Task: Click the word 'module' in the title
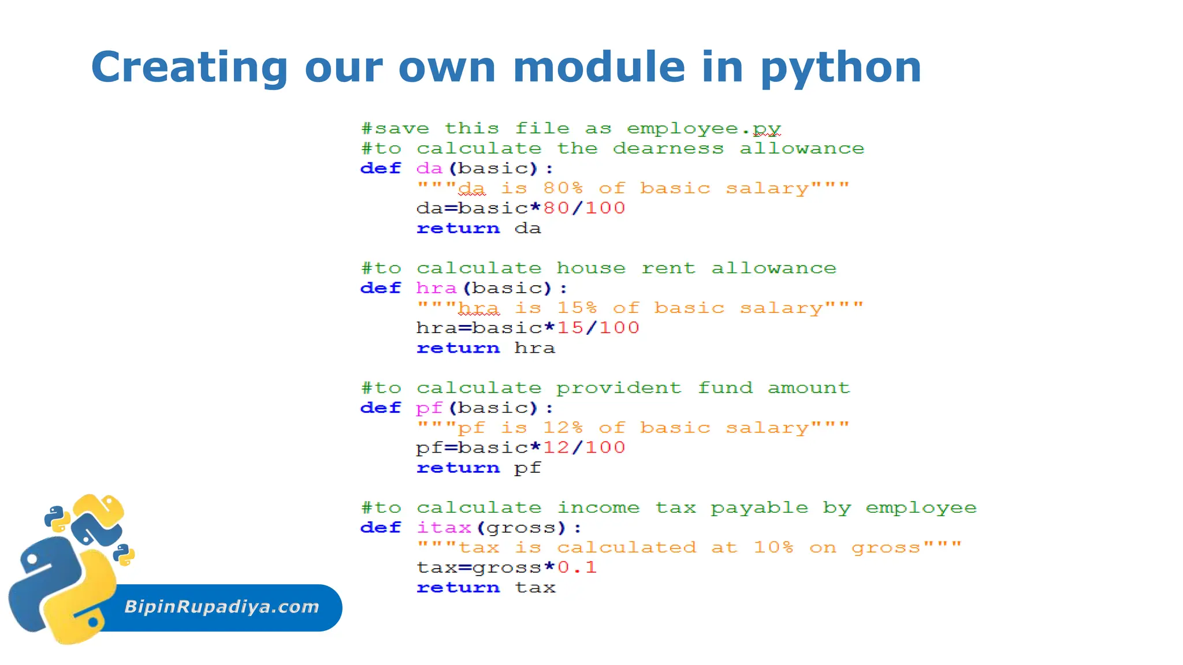pyautogui.click(x=599, y=67)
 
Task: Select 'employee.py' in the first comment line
pyautogui.click(x=704, y=129)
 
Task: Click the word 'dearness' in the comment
pyautogui.click(x=668, y=149)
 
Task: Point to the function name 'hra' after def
pyautogui.click(x=436, y=288)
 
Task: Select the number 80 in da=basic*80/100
pyautogui.click(x=556, y=208)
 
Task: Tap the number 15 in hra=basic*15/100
pyautogui.click(x=570, y=328)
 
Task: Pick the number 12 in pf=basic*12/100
pyautogui.click(x=556, y=448)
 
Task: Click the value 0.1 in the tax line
pyautogui.click(x=576, y=567)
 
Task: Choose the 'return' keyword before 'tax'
pyautogui.click(x=458, y=588)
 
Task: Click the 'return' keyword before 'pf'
pyautogui.click(x=458, y=468)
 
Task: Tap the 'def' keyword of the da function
pyautogui.click(x=380, y=169)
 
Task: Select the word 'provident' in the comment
pyautogui.click(x=619, y=388)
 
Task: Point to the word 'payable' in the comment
pyautogui.click(x=759, y=508)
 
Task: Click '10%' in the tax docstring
pyautogui.click(x=773, y=548)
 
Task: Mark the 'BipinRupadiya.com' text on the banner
pyautogui.click(x=222, y=607)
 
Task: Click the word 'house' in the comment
pyautogui.click(x=591, y=268)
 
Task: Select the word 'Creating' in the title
pyautogui.click(x=189, y=67)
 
